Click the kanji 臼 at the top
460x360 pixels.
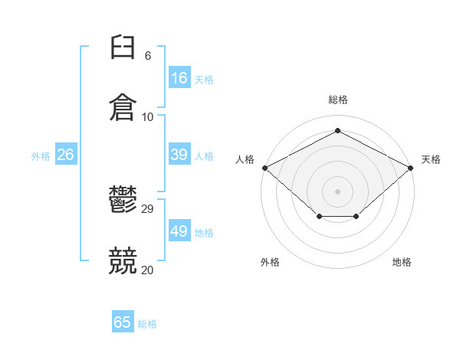coord(123,47)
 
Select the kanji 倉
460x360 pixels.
coord(123,107)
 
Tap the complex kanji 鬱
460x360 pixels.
coord(123,198)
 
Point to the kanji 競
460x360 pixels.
coord(123,260)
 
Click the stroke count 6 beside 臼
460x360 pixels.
coord(148,55)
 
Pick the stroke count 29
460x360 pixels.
coord(147,209)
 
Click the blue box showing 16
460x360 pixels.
coord(179,77)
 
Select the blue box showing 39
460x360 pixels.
coord(179,154)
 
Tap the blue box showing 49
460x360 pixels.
coord(179,230)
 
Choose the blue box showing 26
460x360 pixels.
coord(66,154)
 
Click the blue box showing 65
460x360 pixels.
coord(123,321)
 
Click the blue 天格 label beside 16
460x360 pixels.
coord(204,80)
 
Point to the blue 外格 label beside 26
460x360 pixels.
coord(41,156)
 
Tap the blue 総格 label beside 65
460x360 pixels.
coord(147,324)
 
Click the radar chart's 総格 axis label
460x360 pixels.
coord(338,100)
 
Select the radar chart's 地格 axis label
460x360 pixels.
coord(402,262)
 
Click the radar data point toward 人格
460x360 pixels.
coord(265,168)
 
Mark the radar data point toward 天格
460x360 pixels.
coord(411,168)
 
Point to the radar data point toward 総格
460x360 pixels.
coord(337,130)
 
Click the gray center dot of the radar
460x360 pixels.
coord(337,191)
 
